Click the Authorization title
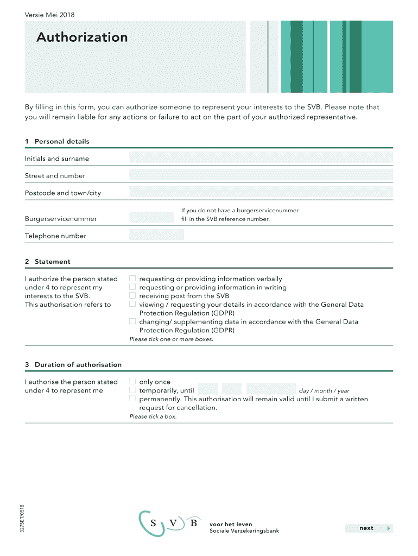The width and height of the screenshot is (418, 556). click(82, 37)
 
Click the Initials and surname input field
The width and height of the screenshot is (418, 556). click(261, 158)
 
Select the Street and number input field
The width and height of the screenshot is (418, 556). click(261, 175)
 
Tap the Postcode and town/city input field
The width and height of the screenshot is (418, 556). click(261, 192)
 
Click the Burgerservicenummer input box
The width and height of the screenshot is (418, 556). click(151, 218)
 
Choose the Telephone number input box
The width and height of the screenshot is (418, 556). click(156, 235)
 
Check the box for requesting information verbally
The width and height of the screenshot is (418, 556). click(132, 279)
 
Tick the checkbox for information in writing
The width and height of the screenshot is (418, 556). click(132, 287)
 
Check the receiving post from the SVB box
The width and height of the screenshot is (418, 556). click(132, 296)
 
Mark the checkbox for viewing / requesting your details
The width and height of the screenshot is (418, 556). click(132, 305)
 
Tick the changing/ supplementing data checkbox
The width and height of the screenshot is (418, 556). click(132, 321)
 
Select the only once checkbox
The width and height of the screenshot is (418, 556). click(132, 382)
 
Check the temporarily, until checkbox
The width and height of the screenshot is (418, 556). click(132, 390)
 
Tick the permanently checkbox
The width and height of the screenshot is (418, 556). click(132, 399)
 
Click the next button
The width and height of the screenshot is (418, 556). click(369, 528)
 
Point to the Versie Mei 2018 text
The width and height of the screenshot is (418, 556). click(50, 14)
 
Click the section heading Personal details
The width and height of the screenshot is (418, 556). click(62, 141)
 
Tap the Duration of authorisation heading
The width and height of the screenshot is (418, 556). click(78, 364)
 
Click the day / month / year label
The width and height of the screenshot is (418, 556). click(324, 391)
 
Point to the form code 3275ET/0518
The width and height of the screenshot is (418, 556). click(22, 520)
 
